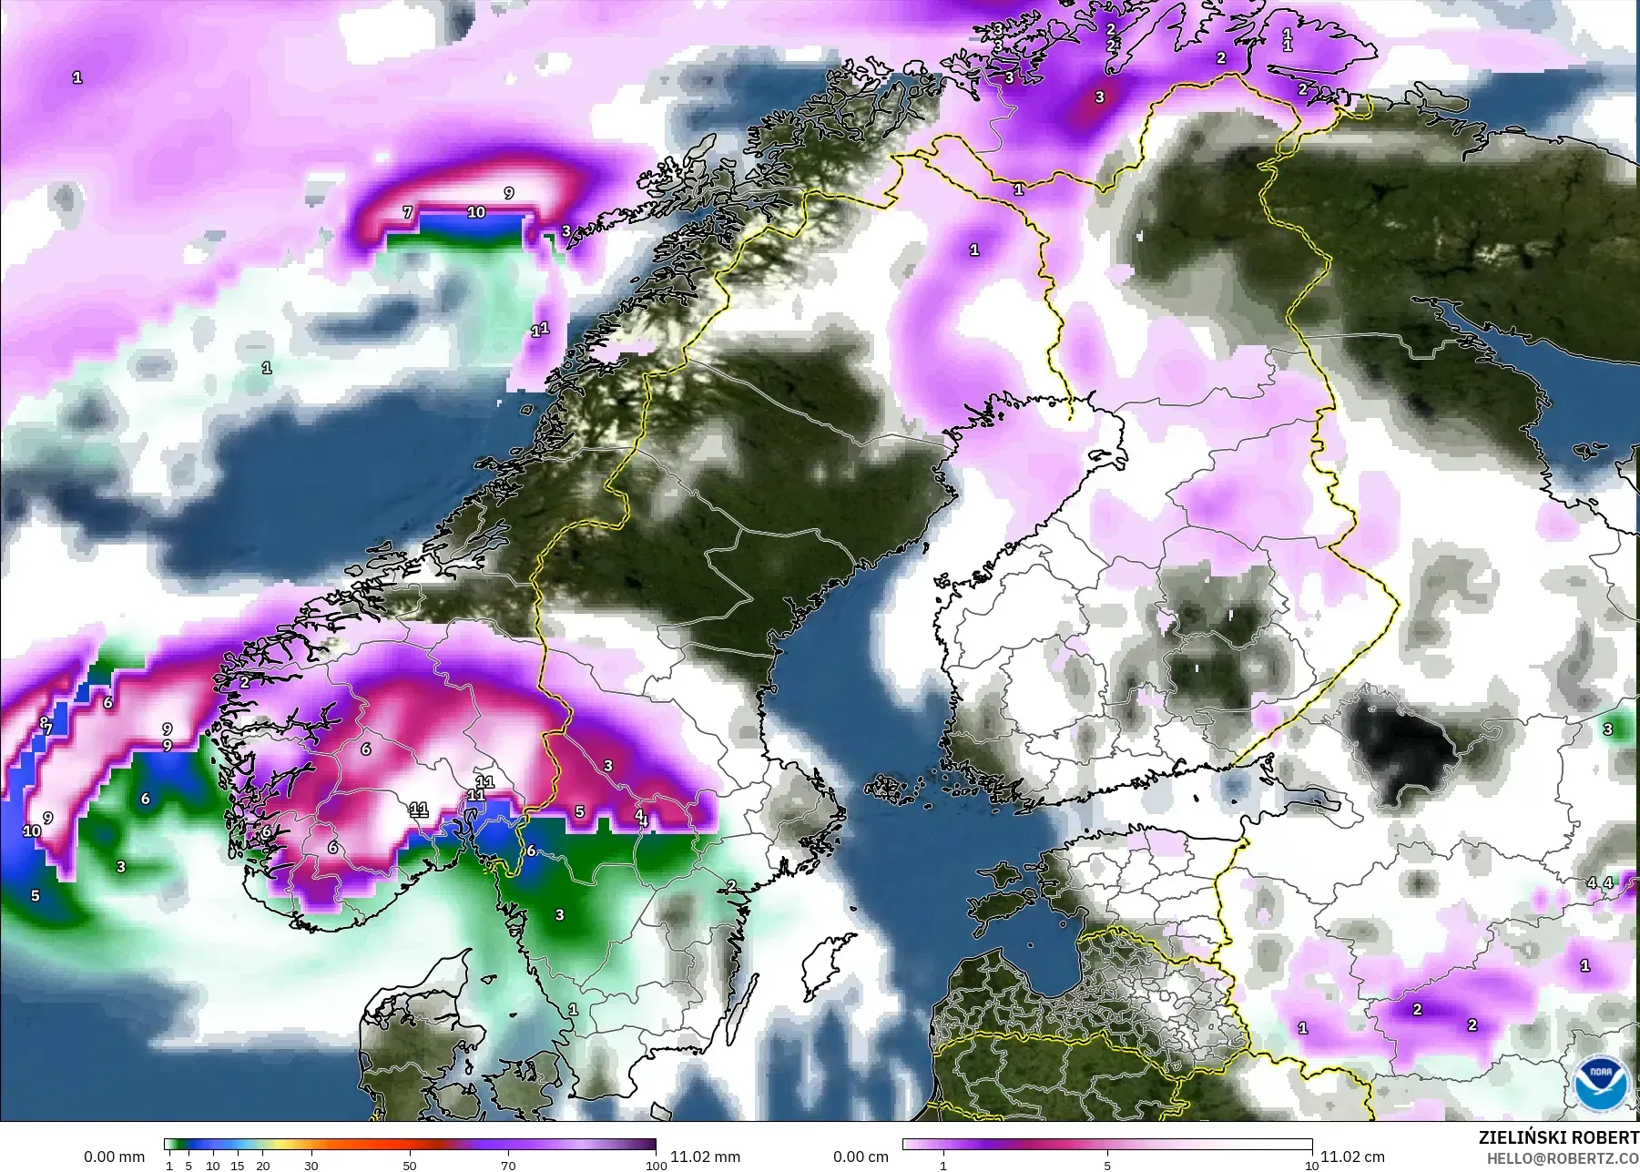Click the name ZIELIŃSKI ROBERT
point(1558,1137)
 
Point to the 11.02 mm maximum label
point(705,1157)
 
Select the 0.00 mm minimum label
point(114,1157)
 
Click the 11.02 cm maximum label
point(1352,1157)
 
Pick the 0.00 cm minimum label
point(861,1157)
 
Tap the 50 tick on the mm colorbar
point(410,1166)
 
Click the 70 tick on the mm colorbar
point(508,1166)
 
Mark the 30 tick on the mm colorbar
point(311,1166)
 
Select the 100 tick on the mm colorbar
point(656,1166)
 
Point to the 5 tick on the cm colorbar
point(1107,1166)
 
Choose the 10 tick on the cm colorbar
point(1311,1166)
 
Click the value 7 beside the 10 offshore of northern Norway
point(408,212)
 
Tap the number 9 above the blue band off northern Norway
point(509,193)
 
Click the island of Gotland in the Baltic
point(821,965)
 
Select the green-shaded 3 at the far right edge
point(1608,729)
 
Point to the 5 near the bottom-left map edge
point(36,895)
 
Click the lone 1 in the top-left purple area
point(77,78)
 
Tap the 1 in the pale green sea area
point(267,368)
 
